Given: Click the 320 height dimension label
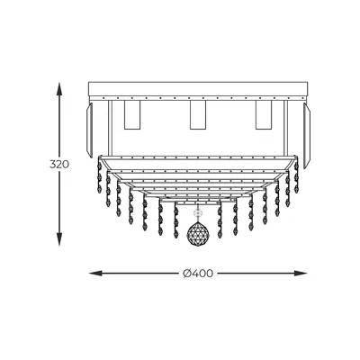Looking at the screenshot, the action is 59,165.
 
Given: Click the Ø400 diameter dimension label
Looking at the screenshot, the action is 198,274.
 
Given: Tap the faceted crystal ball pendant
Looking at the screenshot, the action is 198,233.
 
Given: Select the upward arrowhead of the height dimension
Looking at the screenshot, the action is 59,89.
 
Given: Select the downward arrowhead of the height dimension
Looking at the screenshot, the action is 59,238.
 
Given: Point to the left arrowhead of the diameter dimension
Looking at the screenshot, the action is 96,274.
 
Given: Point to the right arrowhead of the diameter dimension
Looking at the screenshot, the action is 300,274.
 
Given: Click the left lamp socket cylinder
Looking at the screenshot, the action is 132,115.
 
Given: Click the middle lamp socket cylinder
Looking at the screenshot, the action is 198,115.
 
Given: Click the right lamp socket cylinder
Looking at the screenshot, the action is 264,115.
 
